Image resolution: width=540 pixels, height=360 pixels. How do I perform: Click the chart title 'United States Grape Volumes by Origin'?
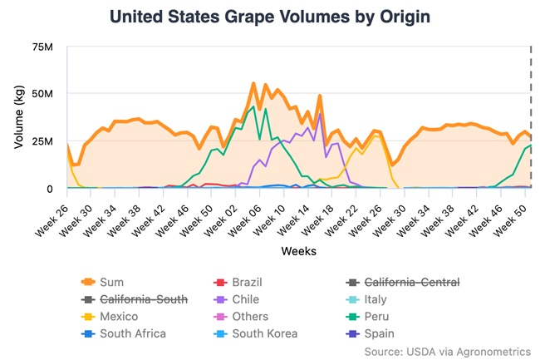click(x=270, y=17)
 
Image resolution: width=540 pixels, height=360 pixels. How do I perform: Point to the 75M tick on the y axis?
click(x=43, y=47)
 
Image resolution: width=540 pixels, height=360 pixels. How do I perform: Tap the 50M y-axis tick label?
click(x=43, y=94)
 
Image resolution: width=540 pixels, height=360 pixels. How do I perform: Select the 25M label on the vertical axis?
click(x=43, y=141)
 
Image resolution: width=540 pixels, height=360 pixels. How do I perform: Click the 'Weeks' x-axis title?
click(x=297, y=250)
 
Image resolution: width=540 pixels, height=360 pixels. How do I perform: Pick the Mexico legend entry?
click(x=118, y=317)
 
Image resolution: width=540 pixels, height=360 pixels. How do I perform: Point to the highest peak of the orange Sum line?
click(x=253, y=83)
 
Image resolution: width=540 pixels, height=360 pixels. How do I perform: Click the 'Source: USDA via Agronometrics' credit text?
click(x=447, y=352)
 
